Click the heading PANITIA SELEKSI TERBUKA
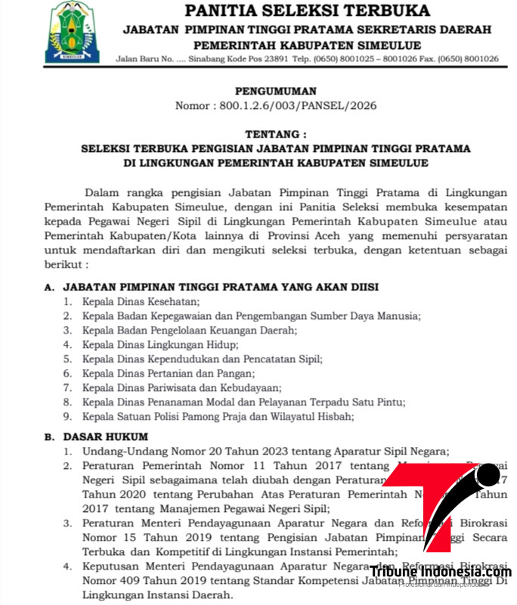click(x=308, y=11)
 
